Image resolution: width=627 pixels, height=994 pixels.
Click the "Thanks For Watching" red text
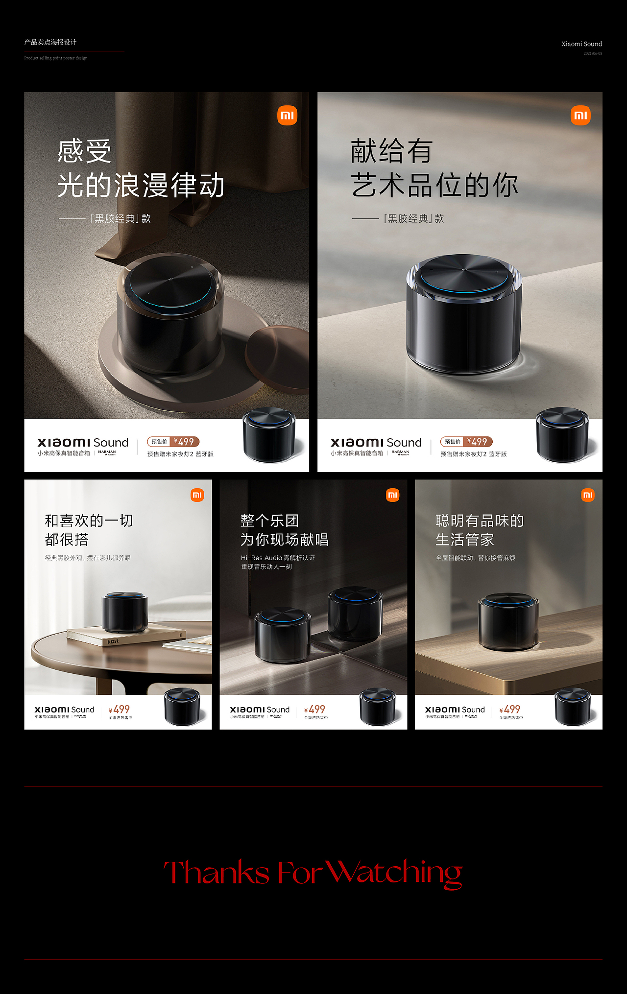point(313,873)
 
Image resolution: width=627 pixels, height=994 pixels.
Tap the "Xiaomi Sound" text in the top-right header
point(581,44)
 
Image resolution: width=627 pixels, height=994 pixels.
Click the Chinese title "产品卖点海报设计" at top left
point(50,43)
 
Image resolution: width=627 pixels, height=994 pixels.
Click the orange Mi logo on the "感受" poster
point(287,116)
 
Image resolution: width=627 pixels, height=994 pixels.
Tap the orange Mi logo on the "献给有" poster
point(580,116)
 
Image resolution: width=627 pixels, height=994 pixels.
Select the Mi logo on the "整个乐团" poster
point(392,495)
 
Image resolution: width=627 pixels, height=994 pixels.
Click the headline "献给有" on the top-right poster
point(391,151)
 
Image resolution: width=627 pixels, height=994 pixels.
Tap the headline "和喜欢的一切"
point(89,521)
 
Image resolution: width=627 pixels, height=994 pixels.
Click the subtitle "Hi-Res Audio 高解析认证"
point(278,558)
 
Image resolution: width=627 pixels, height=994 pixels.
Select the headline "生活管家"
point(464,540)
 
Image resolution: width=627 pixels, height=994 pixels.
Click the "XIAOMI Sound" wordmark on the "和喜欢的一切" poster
point(64,710)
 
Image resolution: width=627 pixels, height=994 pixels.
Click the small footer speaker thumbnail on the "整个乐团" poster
point(378,707)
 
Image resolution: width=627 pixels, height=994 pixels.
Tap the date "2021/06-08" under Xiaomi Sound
point(593,53)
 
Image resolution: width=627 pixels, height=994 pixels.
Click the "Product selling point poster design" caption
point(56,58)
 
